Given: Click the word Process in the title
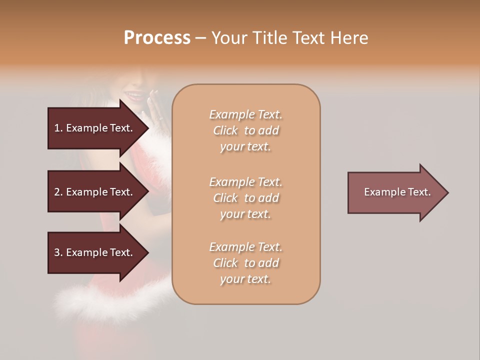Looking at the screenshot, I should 157,38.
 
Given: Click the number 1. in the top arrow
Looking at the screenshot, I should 58,128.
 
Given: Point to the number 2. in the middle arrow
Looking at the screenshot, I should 58,192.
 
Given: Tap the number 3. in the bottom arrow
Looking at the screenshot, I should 58,252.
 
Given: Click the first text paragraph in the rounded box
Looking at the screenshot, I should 245,130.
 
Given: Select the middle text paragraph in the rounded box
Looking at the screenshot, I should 245,198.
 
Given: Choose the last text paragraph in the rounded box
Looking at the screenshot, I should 245,263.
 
